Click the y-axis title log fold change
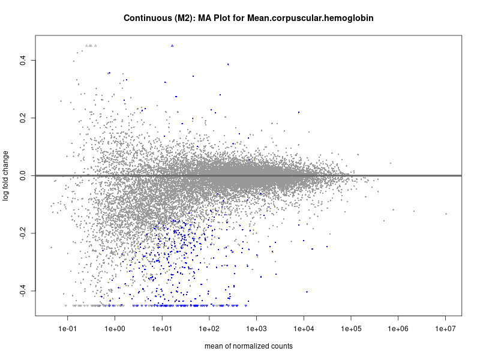[6, 175]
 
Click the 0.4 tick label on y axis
[22, 60]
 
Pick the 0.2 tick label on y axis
[22, 118]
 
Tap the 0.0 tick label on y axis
[22, 175]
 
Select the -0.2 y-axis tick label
[22, 233]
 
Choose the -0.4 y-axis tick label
[22, 290]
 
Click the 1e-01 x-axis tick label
[68, 329]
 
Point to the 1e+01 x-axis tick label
[162, 329]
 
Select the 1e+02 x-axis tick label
[209, 329]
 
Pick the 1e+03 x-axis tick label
[256, 329]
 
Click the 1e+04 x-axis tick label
[304, 329]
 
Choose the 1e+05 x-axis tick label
[351, 329]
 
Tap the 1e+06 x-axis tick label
[398, 329]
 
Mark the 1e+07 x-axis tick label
[445, 329]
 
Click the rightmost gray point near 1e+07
[446, 214]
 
